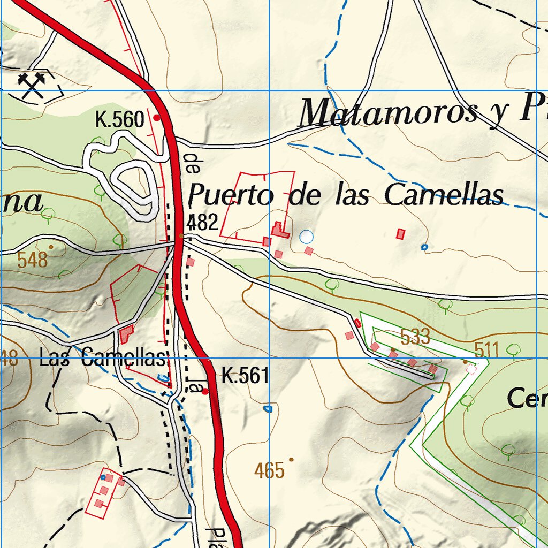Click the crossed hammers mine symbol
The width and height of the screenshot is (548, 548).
coord(32,86)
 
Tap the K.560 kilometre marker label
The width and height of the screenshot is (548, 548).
coord(119,119)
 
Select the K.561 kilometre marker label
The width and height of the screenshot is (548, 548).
coord(245,376)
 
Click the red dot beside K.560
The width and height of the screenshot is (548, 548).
coord(157,117)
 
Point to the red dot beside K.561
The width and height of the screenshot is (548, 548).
coord(205,392)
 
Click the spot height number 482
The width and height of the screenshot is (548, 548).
coord(203,222)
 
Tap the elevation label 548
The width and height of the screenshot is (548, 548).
coord(32,261)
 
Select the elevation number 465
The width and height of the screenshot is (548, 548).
coord(269,471)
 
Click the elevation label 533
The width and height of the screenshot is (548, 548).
coord(415,337)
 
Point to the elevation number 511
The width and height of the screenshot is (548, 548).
coord(486,351)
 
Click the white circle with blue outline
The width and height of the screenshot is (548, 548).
coord(306,236)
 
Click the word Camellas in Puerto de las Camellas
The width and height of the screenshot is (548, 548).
coord(444,195)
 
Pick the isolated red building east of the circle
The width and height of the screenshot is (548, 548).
coord(400,233)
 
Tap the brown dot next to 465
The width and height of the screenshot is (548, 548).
coord(291,459)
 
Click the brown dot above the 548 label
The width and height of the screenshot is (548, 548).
coord(51,247)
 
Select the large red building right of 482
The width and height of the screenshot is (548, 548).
coord(279,230)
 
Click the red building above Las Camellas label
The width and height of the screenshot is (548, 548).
coord(126,334)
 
